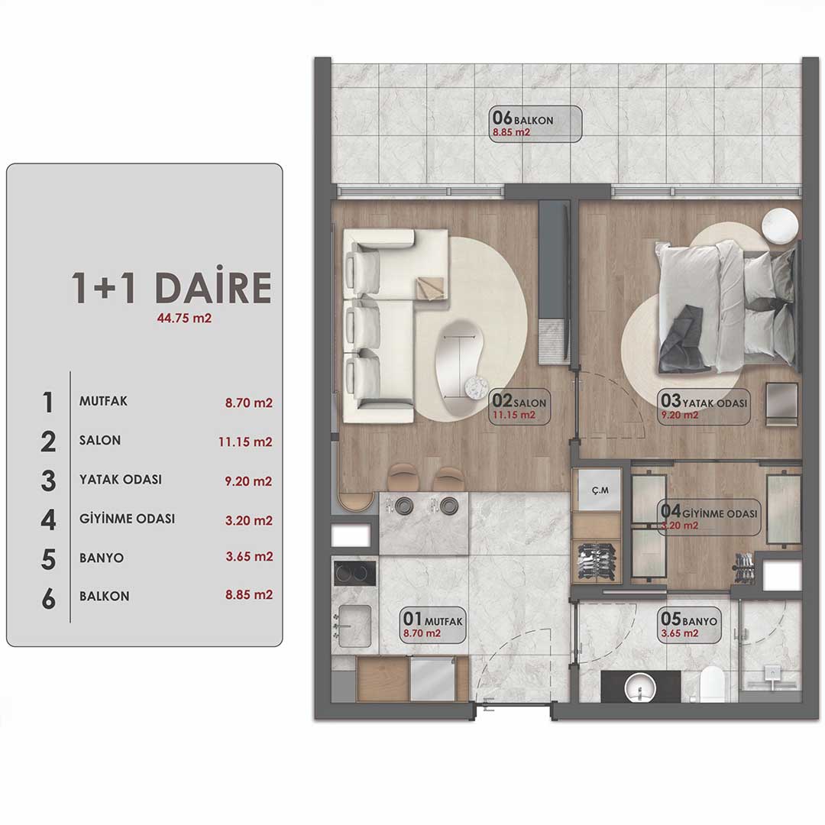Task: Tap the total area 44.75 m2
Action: [x=184, y=319]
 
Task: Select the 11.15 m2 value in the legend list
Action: [x=245, y=442]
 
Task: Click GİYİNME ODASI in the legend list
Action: [x=127, y=519]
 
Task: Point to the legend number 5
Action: [x=48, y=559]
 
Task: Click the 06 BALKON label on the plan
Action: [x=535, y=125]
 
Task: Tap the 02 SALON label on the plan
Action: [x=519, y=407]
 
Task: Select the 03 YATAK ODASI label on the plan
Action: [x=704, y=407]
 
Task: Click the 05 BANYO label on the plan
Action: [x=689, y=625]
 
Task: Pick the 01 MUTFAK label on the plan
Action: [x=434, y=625]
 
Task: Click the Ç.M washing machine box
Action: [x=600, y=490]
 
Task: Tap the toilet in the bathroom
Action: [x=713, y=684]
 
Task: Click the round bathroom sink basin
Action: [x=640, y=688]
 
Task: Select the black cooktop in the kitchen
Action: [x=354, y=573]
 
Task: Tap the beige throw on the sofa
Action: [x=432, y=288]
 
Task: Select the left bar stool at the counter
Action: [x=402, y=477]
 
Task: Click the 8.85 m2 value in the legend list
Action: [x=249, y=595]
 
